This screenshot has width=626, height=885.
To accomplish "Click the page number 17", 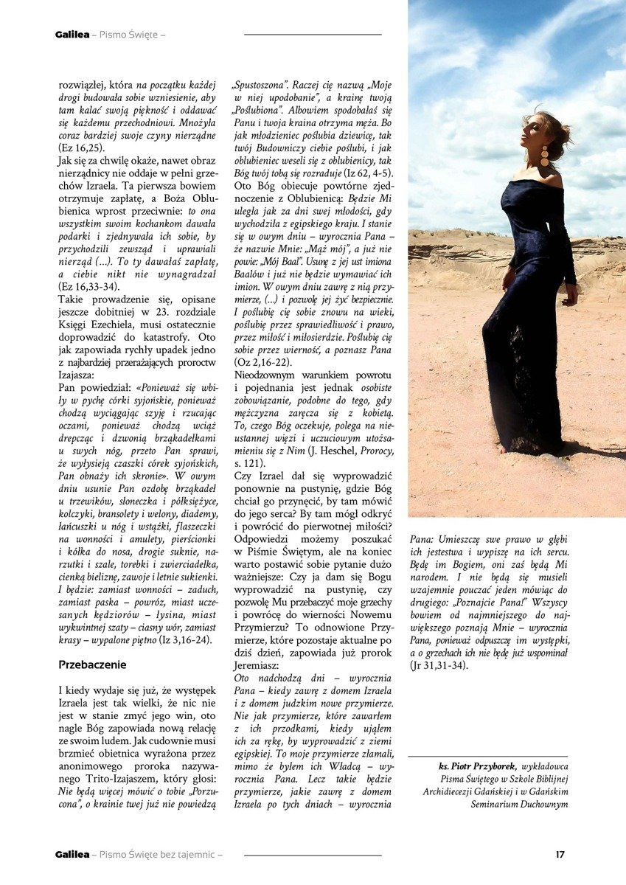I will coord(560,854).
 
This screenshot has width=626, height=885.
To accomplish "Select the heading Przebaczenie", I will coord(92,664).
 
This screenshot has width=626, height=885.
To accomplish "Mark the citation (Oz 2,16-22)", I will coord(266,363).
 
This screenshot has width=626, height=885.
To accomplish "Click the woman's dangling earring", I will coord(543,156).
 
